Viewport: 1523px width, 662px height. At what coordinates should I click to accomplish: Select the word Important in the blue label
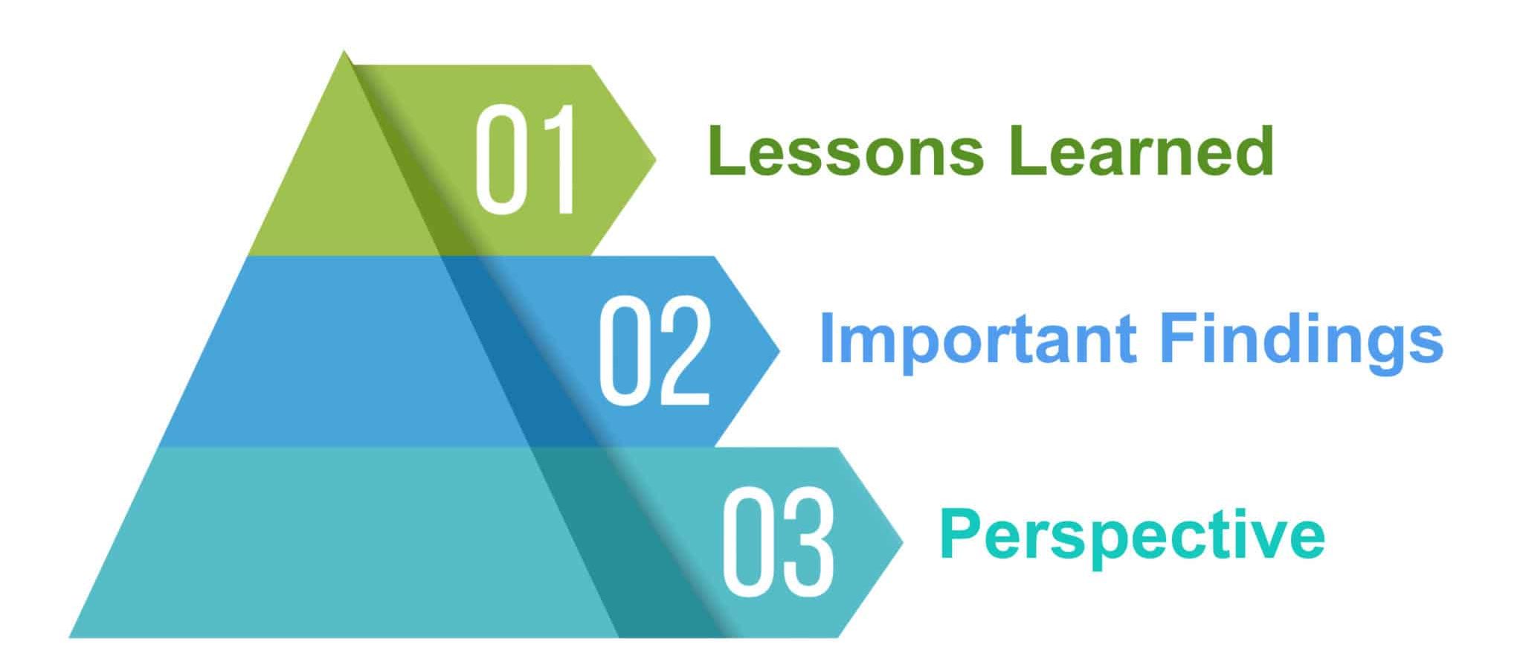point(978,338)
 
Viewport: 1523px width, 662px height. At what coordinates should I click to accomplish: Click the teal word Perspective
point(1132,536)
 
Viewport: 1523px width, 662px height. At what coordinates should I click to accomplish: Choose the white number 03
point(778,542)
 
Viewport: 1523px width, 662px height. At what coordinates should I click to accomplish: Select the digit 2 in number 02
point(683,350)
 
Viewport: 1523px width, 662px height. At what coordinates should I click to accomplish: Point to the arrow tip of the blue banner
point(779,350)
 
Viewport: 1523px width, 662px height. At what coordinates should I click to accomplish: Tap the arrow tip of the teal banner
point(903,542)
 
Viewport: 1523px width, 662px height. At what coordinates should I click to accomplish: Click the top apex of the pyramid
point(344,51)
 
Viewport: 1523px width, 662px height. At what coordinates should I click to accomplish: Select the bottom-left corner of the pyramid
point(69,637)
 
